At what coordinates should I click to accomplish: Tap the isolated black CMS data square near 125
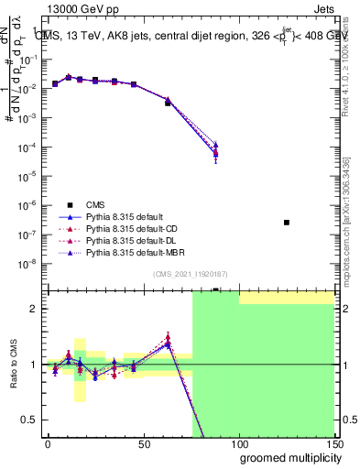tap(287, 223)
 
